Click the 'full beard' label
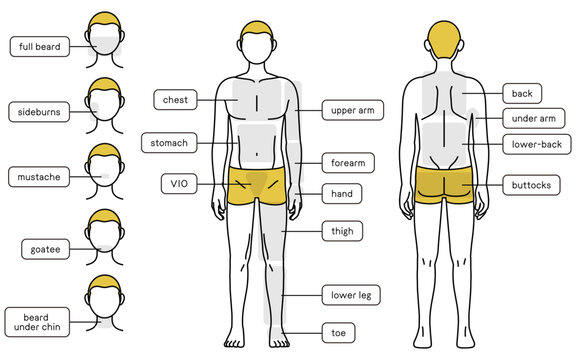click(39, 46)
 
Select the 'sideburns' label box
click(39, 112)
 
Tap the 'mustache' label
click(39, 178)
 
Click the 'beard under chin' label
click(39, 321)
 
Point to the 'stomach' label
click(169, 143)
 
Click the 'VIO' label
click(178, 184)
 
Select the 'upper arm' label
click(350, 110)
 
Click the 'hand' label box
click(341, 192)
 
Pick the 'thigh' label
click(342, 232)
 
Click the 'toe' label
click(338, 331)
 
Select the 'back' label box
click(522, 93)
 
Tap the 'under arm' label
click(532, 119)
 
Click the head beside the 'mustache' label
click(105, 168)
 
